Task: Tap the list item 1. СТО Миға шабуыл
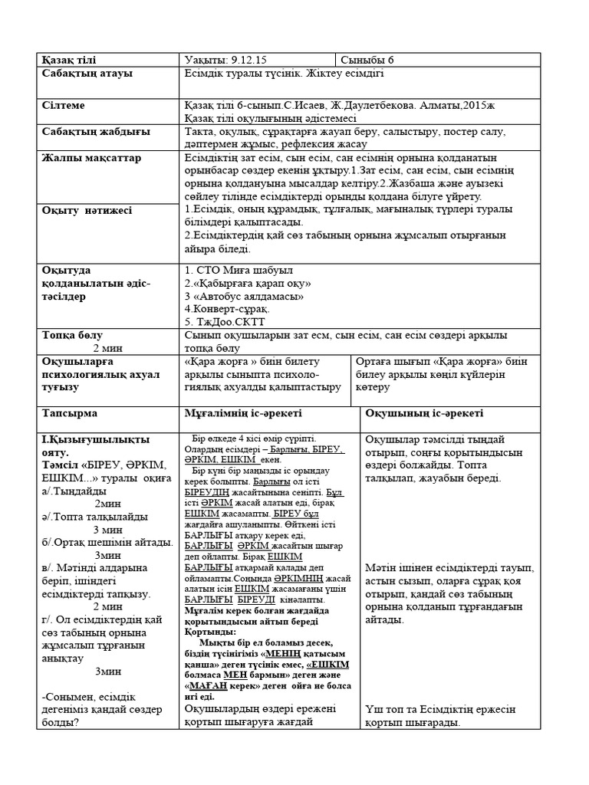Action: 239,270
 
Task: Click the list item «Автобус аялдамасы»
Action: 248,295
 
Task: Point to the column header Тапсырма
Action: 70,413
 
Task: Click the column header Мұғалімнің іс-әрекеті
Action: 245,413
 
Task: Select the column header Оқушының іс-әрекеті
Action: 424,413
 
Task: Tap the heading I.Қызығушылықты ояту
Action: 95,446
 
